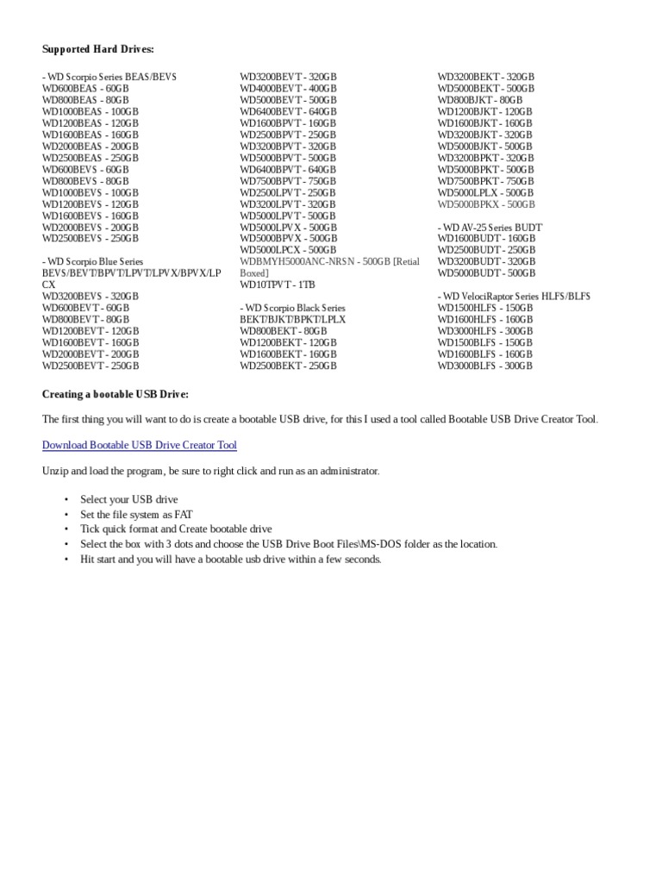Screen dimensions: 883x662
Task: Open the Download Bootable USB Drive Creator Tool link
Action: click(x=140, y=445)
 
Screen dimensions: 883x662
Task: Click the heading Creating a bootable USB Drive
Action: click(x=116, y=394)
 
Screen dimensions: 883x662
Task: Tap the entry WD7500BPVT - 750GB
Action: click(x=288, y=181)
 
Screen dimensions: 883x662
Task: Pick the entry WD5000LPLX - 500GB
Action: click(x=486, y=192)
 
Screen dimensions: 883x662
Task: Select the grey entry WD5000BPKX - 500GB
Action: click(x=486, y=204)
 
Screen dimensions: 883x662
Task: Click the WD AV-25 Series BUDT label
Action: click(x=490, y=227)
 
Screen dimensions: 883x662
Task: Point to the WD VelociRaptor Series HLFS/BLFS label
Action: click(x=513, y=296)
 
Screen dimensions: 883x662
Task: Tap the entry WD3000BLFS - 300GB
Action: click(x=485, y=366)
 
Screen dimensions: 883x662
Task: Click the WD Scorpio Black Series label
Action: click(x=292, y=308)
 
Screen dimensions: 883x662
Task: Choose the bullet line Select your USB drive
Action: click(x=129, y=500)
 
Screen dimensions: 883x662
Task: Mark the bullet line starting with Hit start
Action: click(x=230, y=560)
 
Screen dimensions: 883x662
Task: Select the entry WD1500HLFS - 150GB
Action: click(x=485, y=308)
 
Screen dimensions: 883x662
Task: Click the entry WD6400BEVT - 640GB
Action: click(x=288, y=111)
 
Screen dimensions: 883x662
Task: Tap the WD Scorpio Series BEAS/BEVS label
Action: click(x=109, y=77)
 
